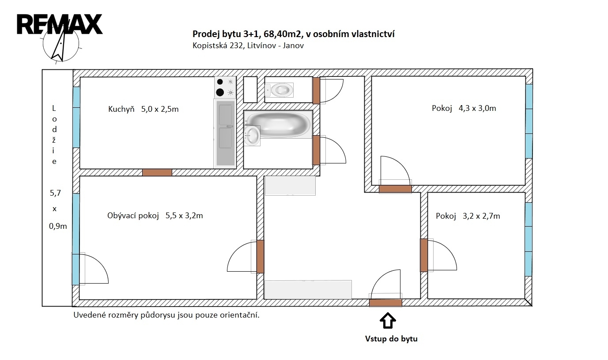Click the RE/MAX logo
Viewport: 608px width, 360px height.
pyautogui.click(x=60, y=24)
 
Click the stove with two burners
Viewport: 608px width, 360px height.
pyautogui.click(x=225, y=87)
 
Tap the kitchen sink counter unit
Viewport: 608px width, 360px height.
pyautogui.click(x=225, y=133)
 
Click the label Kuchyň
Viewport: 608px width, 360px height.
pyautogui.click(x=121, y=109)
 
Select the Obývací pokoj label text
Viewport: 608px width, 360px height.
pyautogui.click(x=133, y=216)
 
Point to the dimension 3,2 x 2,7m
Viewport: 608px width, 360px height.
pyautogui.click(x=481, y=216)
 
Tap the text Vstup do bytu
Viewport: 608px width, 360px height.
pyautogui.click(x=391, y=339)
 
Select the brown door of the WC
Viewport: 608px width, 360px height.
pyautogui.click(x=316, y=90)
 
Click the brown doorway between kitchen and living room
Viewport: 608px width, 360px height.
pyautogui.click(x=157, y=172)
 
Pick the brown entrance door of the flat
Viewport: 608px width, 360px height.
pyautogui.click(x=385, y=303)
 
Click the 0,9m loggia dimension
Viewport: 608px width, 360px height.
pyautogui.click(x=58, y=226)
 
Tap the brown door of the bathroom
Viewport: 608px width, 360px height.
pyautogui.click(x=316, y=150)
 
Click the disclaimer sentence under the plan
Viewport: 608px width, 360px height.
pyautogui.click(x=166, y=315)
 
